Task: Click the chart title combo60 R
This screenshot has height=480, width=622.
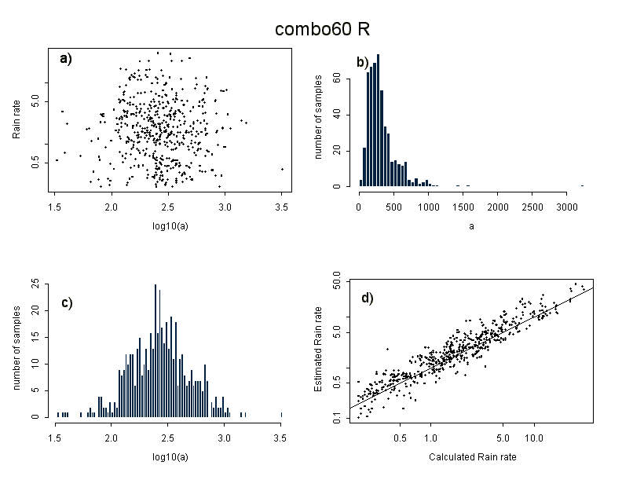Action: tap(322, 29)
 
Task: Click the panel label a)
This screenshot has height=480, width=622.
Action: tap(65, 58)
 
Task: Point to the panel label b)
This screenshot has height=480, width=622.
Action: tap(363, 62)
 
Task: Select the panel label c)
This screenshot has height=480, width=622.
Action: tap(67, 304)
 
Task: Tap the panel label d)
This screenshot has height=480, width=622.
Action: tap(367, 298)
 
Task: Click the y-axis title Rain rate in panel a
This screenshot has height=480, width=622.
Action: tap(16, 119)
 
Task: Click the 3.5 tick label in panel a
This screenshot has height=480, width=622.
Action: tap(282, 207)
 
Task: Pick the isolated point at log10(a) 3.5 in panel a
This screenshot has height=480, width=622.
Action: tap(282, 169)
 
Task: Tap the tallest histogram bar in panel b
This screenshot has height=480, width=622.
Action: tap(379, 120)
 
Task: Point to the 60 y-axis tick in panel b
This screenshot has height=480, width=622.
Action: tap(336, 78)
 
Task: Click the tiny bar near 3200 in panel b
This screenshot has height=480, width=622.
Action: tap(582, 185)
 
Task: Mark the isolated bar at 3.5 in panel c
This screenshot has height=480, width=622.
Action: tap(281, 414)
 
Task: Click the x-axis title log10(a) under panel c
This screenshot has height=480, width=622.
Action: tap(169, 457)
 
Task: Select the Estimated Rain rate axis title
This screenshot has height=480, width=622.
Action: tap(319, 351)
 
